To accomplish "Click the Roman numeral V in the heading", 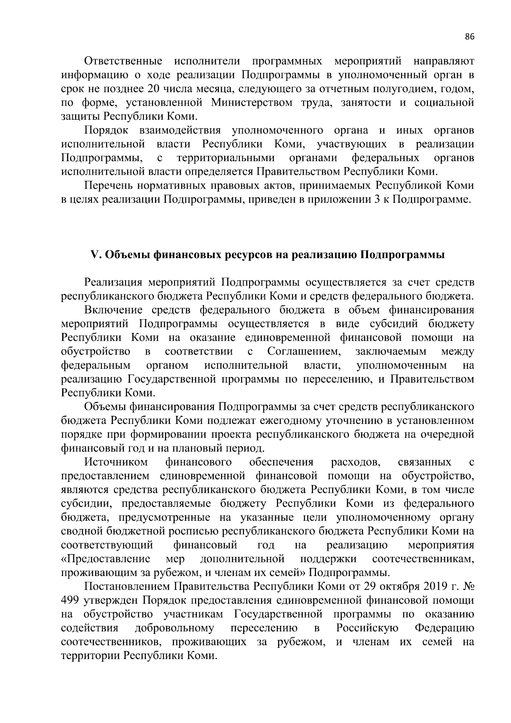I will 95,255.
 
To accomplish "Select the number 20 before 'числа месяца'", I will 152,89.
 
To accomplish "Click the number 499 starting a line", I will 70,600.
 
